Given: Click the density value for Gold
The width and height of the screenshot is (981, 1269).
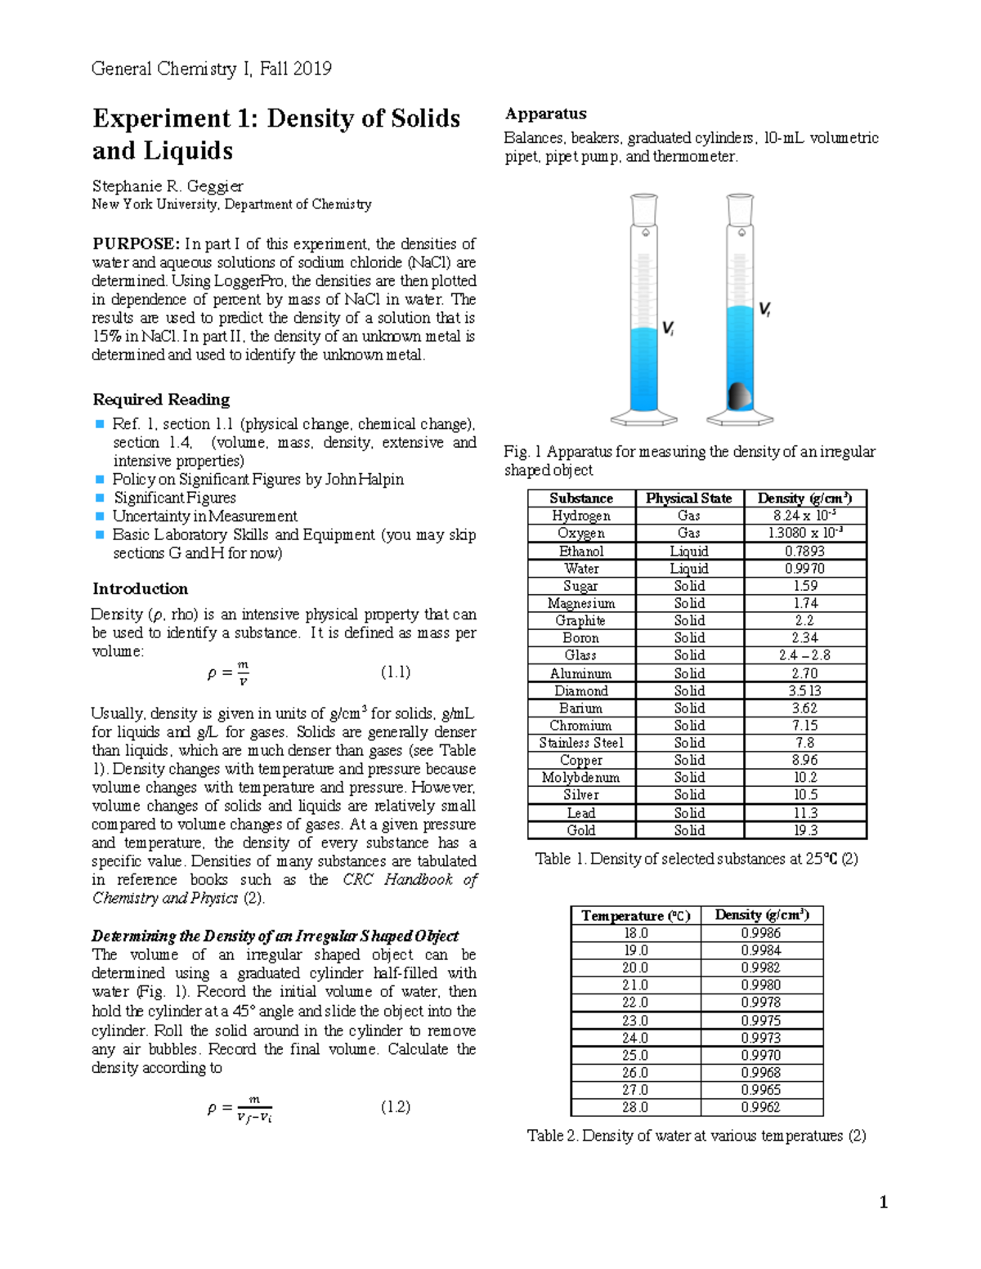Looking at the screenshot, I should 804,830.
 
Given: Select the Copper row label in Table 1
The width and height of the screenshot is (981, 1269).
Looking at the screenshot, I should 580,760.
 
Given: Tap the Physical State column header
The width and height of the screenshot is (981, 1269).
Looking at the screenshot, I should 688,498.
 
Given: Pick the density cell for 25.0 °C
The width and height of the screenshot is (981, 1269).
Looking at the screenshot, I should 760,1055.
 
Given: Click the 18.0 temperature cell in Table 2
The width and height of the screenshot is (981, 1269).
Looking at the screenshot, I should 635,933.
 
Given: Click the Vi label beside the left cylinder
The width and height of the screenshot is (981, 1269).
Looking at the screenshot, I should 668,328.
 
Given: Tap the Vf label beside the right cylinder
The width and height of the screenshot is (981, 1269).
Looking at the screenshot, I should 764,309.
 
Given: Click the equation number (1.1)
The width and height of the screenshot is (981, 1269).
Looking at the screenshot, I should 396,672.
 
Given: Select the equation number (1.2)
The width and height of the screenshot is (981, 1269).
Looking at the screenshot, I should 396,1107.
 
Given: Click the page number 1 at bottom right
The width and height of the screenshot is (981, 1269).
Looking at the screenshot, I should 883,1202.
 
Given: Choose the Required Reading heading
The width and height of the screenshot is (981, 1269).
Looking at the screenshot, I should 161,400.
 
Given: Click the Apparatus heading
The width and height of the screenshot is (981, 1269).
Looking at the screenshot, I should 545,114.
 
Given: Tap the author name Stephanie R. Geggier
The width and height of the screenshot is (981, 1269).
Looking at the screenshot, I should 168,186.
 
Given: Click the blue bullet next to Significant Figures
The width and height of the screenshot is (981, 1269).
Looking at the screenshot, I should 100,498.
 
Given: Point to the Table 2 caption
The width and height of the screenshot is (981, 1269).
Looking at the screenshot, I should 696,1136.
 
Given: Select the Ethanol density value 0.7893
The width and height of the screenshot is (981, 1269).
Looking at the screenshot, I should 804,552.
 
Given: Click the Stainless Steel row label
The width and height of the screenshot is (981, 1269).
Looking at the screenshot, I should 580,743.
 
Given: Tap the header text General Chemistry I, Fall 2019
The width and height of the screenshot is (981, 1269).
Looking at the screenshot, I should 212,69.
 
